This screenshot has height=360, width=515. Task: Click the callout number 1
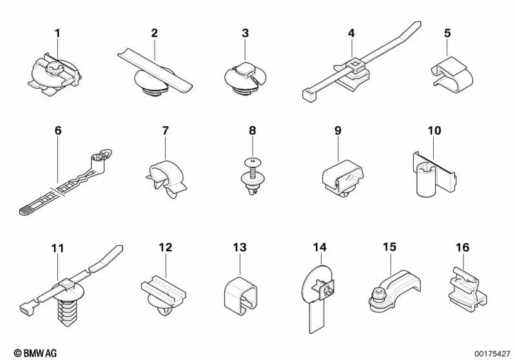(x=57, y=33)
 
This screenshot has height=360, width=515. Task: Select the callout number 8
(x=252, y=131)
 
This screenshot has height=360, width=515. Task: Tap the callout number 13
(x=240, y=247)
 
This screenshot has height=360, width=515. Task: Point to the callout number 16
(x=462, y=247)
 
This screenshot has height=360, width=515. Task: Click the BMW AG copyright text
(x=35, y=353)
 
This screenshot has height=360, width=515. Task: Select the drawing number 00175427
(x=492, y=354)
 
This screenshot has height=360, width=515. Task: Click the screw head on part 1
(x=53, y=69)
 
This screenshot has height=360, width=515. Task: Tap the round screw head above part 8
(x=253, y=162)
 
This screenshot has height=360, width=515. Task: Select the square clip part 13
(x=240, y=294)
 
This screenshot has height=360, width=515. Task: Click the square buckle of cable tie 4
(x=355, y=62)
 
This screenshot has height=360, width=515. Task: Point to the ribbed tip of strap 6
(x=26, y=210)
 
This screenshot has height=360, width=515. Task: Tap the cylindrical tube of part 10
(x=426, y=182)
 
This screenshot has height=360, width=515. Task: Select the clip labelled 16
(x=467, y=289)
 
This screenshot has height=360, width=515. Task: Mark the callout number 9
(x=338, y=131)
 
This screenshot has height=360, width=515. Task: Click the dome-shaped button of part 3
(x=245, y=70)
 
